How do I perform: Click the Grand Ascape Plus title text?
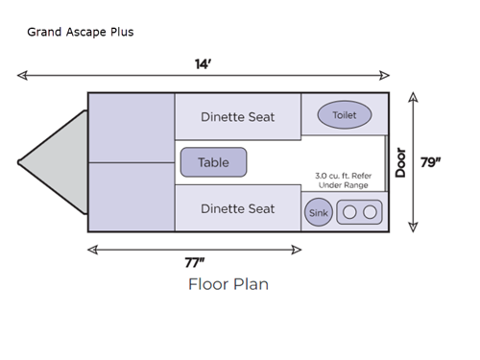tap(81, 32)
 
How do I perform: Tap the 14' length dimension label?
tap(203, 63)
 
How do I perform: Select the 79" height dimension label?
tap(431, 161)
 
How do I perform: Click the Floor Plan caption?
tap(228, 284)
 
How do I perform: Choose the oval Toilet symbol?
tap(344, 115)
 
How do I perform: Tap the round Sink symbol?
tap(318, 212)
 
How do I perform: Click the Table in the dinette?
tap(213, 162)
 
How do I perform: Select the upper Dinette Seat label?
tap(237, 117)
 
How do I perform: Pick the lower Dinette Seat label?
tap(237, 208)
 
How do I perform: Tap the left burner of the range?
tap(350, 212)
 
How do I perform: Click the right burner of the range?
tap(371, 212)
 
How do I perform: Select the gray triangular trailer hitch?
tap(53, 161)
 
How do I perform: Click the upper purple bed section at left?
tap(131, 127)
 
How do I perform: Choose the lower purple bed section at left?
tap(131, 197)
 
